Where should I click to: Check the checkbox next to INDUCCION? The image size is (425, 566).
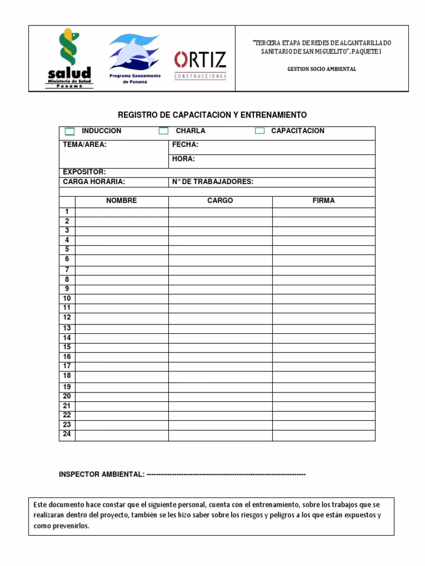70,131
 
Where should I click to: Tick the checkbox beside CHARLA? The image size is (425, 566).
163,131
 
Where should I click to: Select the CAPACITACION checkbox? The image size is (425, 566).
260,131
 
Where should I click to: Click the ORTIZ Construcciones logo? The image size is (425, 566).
200,65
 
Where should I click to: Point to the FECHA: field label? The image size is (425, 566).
185,145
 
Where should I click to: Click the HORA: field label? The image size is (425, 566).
183,159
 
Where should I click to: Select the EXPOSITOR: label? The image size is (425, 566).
84,172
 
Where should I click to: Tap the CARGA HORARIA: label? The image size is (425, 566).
94,181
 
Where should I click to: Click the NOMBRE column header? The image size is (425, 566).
121,201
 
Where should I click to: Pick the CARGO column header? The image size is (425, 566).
220,201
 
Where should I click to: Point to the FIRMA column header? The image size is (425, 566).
323,201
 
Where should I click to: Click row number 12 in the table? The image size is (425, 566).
67,317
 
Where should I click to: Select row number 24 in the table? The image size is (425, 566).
67,434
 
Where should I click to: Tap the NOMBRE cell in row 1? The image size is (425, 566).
122,212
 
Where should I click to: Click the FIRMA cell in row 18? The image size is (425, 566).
323,376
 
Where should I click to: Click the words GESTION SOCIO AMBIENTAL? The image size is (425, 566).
322,69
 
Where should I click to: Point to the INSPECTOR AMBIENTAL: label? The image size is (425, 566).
102,474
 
